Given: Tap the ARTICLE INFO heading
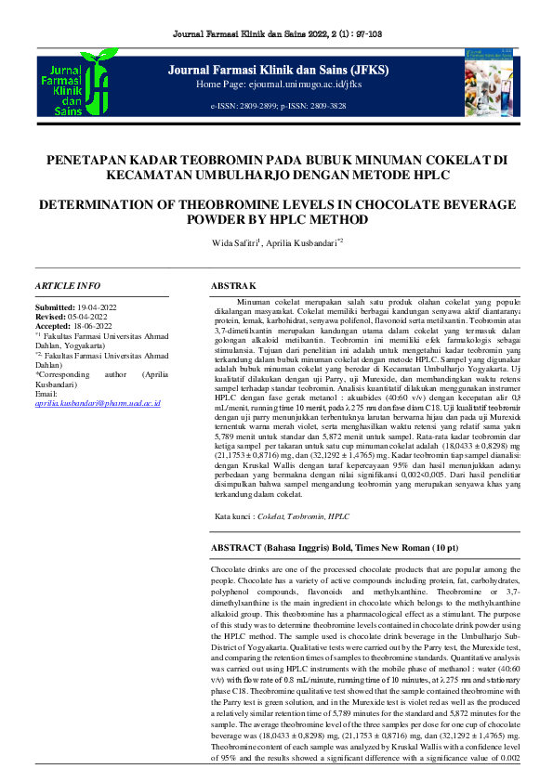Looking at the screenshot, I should pyautogui.click(x=67, y=285).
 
